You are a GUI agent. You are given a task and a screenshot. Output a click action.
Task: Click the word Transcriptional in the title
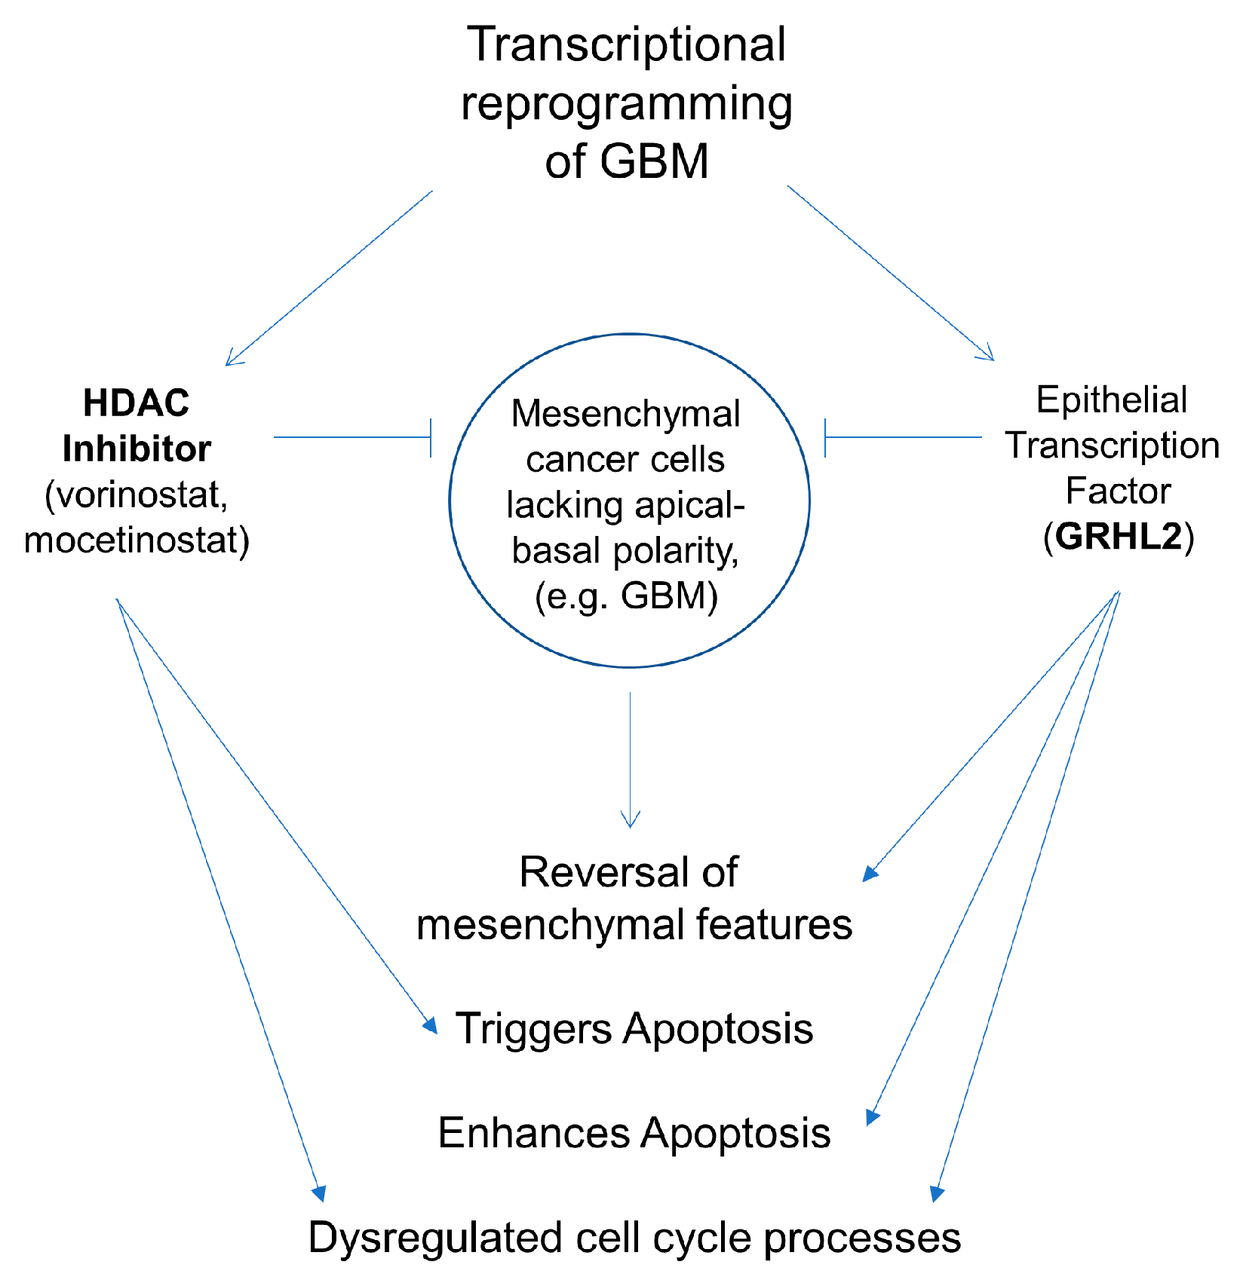tap(626, 45)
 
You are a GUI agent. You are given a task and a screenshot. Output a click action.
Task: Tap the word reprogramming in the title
tap(626, 104)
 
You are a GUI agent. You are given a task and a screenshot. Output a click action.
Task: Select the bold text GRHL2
tap(1119, 537)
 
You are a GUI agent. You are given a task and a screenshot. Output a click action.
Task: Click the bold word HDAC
tap(136, 403)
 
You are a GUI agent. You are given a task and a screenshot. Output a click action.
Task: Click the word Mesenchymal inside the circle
tap(625, 414)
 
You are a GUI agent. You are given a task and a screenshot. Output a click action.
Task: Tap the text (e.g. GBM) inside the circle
tap(626, 596)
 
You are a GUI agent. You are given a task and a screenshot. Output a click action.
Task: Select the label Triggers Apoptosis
tap(634, 1028)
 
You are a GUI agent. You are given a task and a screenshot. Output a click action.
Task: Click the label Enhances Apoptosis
tap(634, 1132)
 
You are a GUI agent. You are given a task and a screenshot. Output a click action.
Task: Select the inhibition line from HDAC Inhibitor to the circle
tap(351, 437)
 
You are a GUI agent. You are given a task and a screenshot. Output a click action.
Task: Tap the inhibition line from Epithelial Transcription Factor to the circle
tap(904, 437)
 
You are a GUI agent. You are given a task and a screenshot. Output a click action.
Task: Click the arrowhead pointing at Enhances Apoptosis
tap(873, 1116)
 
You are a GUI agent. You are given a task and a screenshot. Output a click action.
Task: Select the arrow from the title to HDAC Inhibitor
tap(329, 278)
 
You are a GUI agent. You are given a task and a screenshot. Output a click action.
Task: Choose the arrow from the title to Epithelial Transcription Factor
tap(890, 273)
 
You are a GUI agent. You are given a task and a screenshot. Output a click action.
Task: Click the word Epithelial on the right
tap(1111, 400)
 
